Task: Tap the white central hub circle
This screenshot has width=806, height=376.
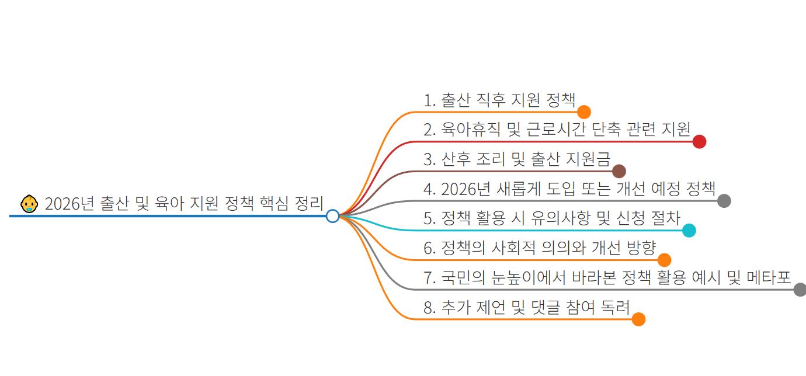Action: click(x=332, y=216)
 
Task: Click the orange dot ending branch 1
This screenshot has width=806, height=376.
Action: click(x=583, y=112)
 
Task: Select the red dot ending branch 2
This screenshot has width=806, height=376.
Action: click(x=699, y=142)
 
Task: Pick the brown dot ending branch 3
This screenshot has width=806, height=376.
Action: click(x=619, y=171)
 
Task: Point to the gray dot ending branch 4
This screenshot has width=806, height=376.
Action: click(x=724, y=201)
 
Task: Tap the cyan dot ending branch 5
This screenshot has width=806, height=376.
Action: click(x=689, y=231)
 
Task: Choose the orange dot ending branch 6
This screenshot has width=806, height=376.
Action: click(x=664, y=260)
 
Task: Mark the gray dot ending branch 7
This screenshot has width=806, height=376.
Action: click(x=800, y=290)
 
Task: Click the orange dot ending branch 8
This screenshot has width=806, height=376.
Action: click(x=638, y=319)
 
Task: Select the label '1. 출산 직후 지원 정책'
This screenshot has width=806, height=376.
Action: click(x=499, y=100)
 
